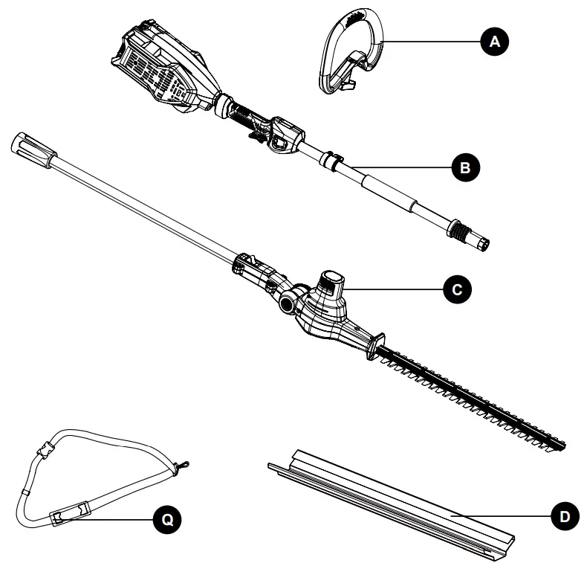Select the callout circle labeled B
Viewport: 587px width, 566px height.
tap(465, 168)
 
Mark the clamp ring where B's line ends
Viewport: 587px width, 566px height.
tap(332, 158)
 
